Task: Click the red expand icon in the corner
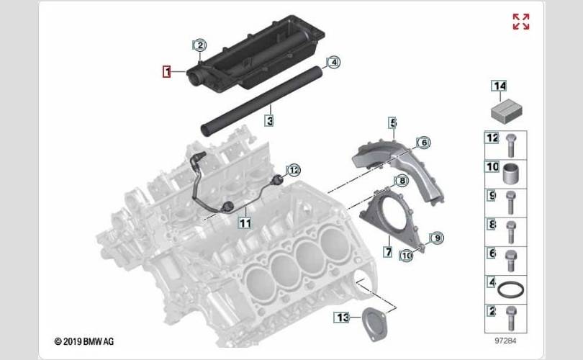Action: tap(521, 22)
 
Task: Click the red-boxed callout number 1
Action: tap(166, 71)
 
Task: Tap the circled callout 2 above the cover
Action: tap(200, 45)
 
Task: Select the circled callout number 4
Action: tap(333, 62)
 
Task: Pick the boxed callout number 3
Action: tap(270, 120)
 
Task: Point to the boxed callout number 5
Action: tap(393, 122)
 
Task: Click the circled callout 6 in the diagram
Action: tap(423, 143)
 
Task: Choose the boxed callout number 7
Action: tap(388, 252)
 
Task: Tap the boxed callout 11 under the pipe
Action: tap(245, 223)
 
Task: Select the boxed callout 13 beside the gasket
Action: tap(342, 318)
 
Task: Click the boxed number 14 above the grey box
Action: tap(499, 86)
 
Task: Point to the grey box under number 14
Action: tap(507, 112)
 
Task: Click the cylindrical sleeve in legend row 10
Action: tap(510, 174)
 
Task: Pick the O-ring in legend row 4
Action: tap(511, 289)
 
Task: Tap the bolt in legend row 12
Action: tap(511, 145)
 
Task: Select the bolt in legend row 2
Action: tap(511, 318)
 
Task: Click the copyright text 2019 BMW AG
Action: tap(84, 341)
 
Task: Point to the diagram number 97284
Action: tap(505, 341)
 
